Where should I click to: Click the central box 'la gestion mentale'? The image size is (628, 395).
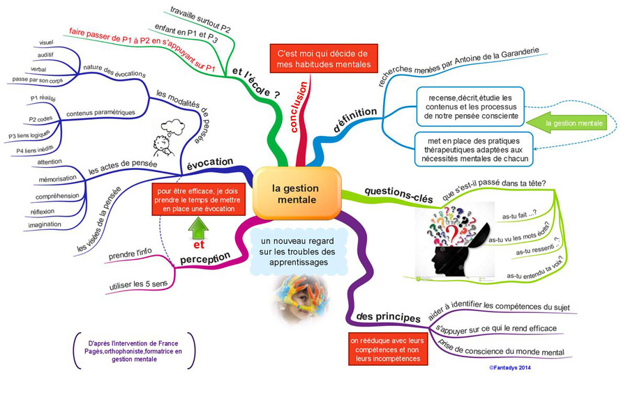point(297,193)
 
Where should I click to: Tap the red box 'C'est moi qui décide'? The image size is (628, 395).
point(324,59)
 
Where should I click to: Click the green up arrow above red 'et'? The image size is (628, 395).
point(198,228)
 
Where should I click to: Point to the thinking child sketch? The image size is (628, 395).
point(167,139)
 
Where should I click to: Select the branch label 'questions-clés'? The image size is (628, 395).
point(398,194)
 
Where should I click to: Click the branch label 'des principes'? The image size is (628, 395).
point(388,317)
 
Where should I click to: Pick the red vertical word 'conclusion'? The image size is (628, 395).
point(299,107)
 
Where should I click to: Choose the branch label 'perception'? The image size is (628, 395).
point(205,258)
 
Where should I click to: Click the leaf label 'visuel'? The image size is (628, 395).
point(46,42)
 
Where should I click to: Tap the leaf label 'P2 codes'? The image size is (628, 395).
point(40,119)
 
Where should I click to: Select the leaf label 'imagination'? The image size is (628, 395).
point(45,224)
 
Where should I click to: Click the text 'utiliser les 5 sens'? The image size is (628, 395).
point(138,284)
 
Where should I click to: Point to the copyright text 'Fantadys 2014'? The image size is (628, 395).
point(510,367)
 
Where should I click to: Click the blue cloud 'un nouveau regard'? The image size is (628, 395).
point(297,252)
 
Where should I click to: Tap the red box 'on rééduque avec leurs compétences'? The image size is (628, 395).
point(388,350)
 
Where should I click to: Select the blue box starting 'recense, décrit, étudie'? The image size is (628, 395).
point(470,107)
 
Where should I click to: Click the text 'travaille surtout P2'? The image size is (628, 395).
point(200,20)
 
